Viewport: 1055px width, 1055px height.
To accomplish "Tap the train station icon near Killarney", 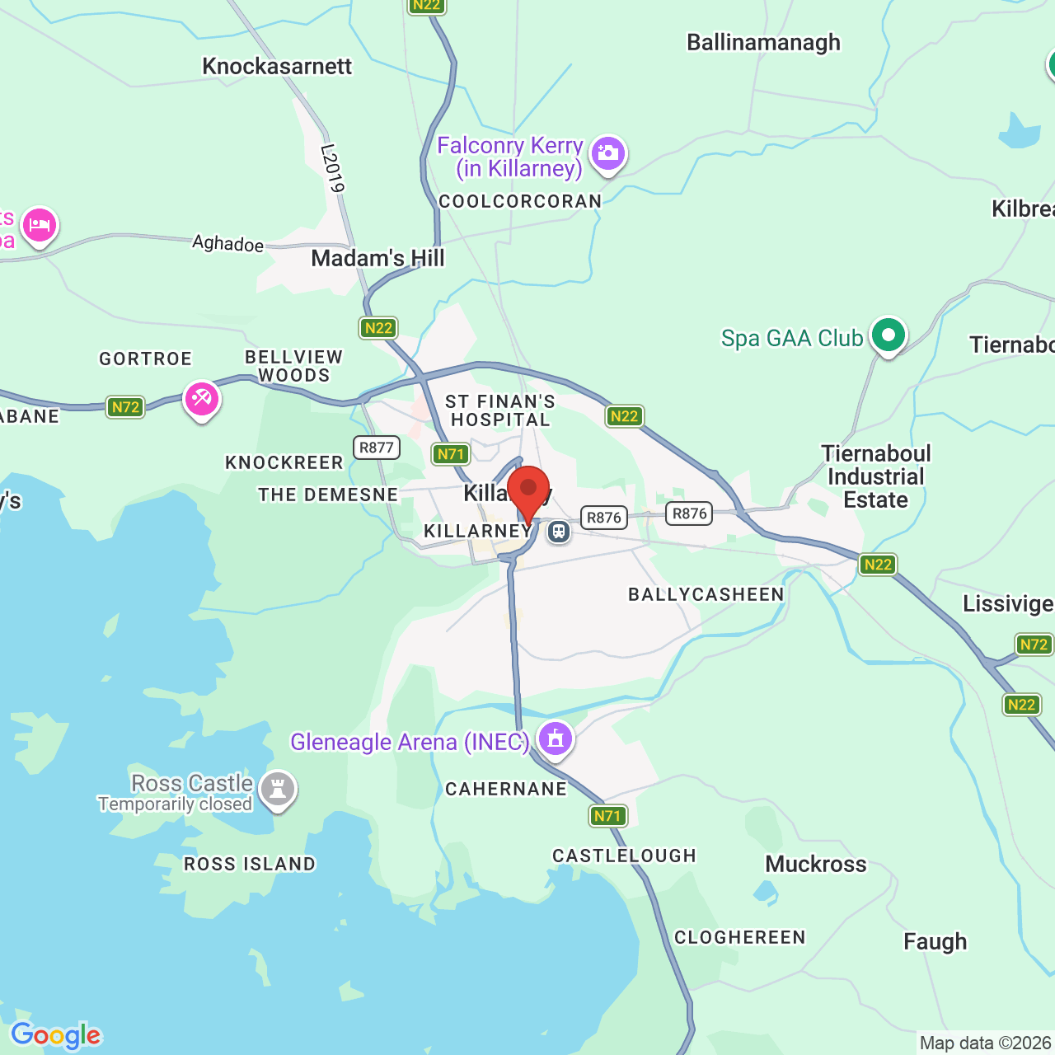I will click(x=559, y=532).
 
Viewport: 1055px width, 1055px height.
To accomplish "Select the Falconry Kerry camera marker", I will click(x=608, y=153).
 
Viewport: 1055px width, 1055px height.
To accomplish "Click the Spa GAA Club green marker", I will click(x=888, y=335).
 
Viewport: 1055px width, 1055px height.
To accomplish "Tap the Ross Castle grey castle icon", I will click(x=277, y=790).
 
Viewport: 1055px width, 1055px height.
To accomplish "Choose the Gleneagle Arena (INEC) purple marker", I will click(x=555, y=738).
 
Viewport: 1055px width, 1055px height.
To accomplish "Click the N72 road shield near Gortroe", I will click(x=125, y=407).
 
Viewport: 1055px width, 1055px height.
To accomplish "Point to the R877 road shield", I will click(x=377, y=448).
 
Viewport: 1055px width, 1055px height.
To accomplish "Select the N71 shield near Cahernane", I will click(x=608, y=816).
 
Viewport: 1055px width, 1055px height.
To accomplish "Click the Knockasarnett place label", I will click(x=277, y=67).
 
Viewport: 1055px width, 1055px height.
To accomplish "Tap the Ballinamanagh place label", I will click(x=763, y=43).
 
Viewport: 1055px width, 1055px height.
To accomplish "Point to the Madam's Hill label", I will click(x=377, y=259).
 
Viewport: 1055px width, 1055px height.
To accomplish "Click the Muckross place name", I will click(x=816, y=865).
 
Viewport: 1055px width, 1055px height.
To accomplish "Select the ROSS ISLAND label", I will click(x=250, y=865).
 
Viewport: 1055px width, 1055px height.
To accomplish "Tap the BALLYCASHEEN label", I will click(x=706, y=595).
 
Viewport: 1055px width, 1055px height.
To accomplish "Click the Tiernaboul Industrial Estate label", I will click(x=876, y=477).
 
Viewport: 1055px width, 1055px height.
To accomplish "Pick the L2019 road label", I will click(x=331, y=168).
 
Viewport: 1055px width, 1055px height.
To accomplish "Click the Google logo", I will click(x=55, y=1035).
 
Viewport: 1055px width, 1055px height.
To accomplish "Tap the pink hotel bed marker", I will click(x=40, y=225).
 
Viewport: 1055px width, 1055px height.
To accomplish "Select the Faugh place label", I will click(x=935, y=942).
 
